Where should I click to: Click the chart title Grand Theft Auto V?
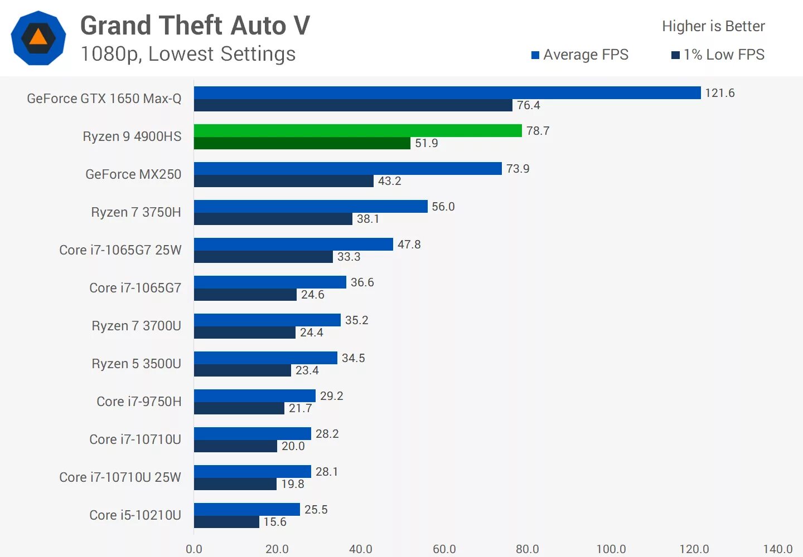(x=195, y=26)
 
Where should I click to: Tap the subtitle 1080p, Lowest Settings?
(x=188, y=54)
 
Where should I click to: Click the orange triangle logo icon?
(x=38, y=38)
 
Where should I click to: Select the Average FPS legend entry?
(x=580, y=55)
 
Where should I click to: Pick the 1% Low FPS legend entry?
(x=718, y=55)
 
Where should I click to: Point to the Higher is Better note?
(x=713, y=26)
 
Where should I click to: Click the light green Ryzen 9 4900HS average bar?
(x=357, y=130)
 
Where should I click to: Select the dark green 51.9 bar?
(x=302, y=143)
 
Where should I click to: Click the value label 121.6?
(x=719, y=93)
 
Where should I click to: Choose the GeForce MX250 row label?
(x=133, y=174)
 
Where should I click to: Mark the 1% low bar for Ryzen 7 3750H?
(x=273, y=219)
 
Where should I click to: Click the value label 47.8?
(x=409, y=245)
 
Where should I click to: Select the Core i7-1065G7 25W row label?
(x=120, y=250)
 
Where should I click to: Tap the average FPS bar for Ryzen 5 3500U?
(x=265, y=358)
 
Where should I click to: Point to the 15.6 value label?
(x=275, y=522)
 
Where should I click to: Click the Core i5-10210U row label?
(x=135, y=515)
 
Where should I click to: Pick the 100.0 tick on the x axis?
(x=611, y=549)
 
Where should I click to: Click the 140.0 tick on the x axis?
(x=777, y=549)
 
